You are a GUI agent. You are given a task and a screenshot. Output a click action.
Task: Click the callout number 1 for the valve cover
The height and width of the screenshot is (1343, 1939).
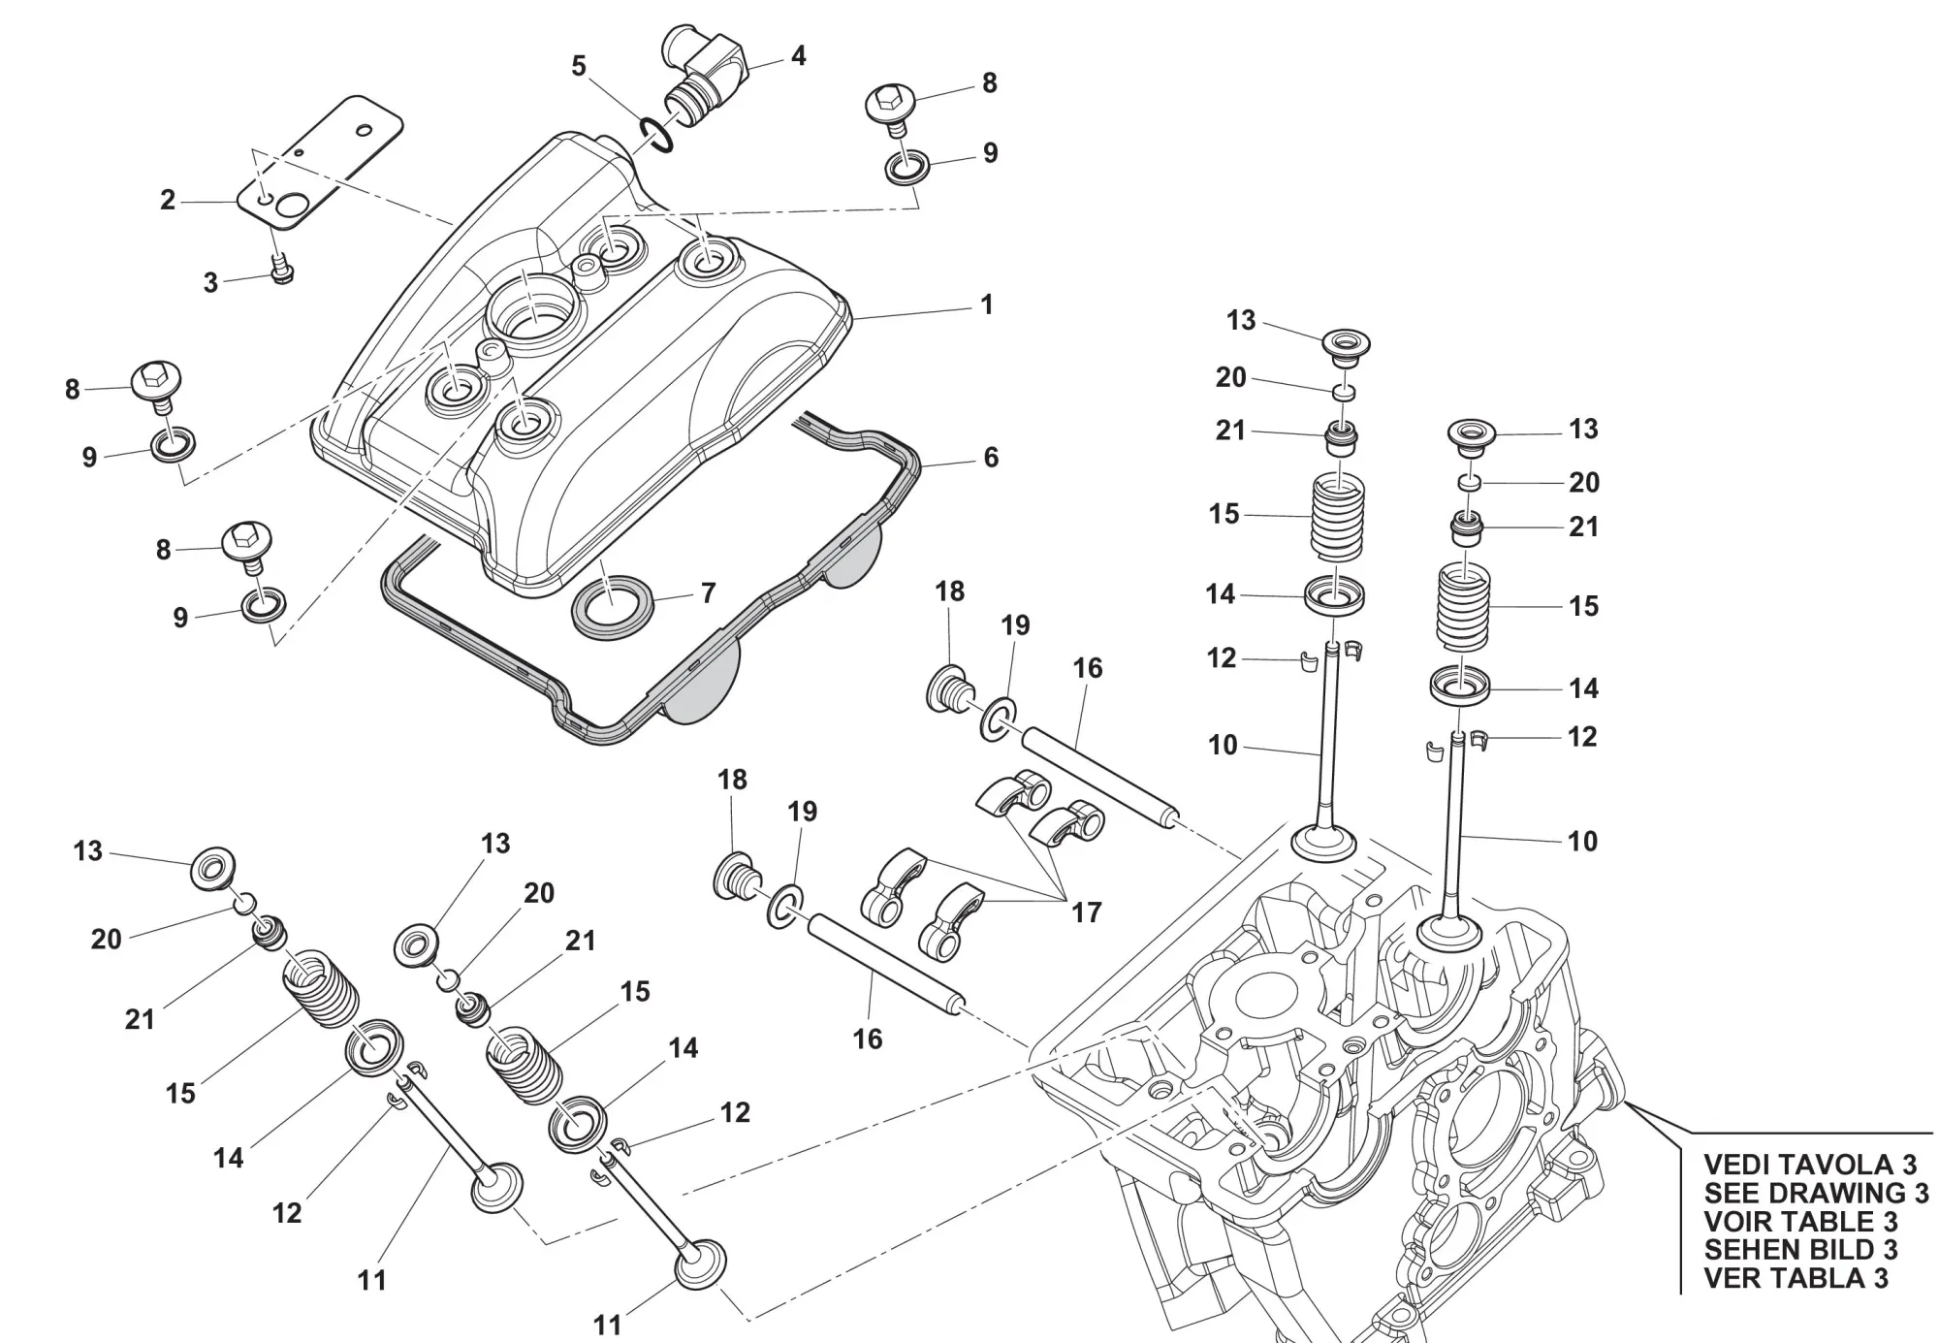[x=986, y=304]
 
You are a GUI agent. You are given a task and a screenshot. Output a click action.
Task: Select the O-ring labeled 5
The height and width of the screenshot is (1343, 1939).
[x=656, y=134]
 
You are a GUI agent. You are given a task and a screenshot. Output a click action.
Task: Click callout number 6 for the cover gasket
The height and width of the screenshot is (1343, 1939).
[x=990, y=457]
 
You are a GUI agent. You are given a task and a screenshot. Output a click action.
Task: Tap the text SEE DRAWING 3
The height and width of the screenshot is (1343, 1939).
[x=1816, y=1193]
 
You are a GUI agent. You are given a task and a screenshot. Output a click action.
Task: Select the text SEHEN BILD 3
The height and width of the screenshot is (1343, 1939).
[x=1800, y=1250]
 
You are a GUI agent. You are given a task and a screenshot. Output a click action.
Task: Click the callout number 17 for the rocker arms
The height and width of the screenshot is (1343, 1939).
[x=1086, y=912]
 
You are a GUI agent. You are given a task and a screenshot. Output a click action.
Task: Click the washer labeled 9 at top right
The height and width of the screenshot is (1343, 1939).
[x=907, y=166]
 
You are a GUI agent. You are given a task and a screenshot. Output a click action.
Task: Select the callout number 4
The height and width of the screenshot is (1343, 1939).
[x=798, y=56]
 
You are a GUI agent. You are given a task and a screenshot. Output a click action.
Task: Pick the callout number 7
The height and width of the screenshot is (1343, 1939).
[x=708, y=592]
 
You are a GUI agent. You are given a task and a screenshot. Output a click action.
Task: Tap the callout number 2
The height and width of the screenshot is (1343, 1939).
[x=168, y=201]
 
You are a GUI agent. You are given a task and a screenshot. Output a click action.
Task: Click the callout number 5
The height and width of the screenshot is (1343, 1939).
[x=579, y=67]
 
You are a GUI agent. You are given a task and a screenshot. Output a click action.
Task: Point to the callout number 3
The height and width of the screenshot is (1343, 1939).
[x=210, y=283]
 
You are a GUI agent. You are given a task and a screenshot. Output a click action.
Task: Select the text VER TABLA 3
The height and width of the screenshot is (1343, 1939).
[x=1796, y=1278]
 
